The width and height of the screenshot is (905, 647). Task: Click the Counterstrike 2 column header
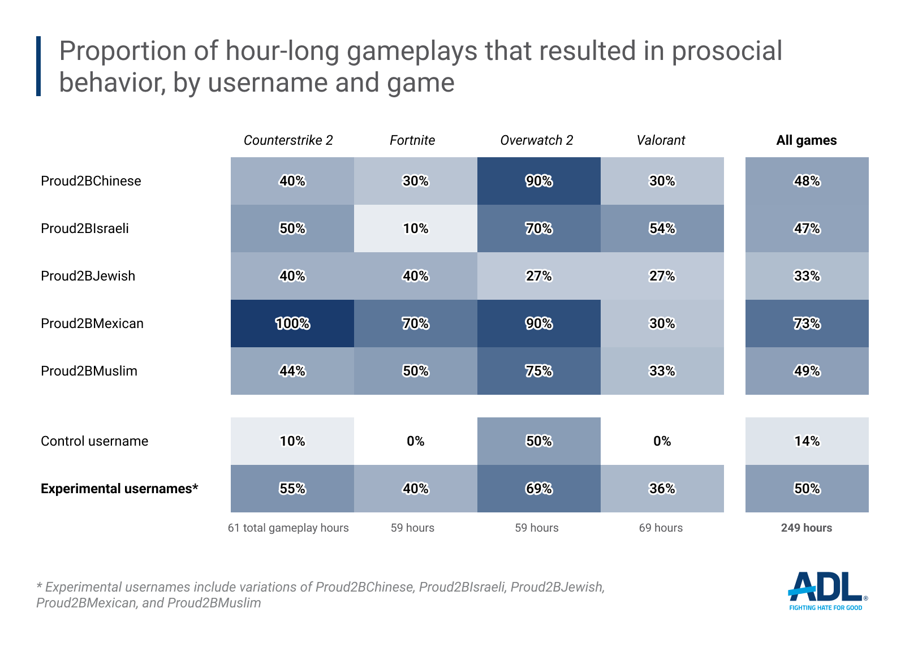pos(288,140)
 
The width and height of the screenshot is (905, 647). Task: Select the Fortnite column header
pos(412,140)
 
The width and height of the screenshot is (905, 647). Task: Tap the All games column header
pos(806,140)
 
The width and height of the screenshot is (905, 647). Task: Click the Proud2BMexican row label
pos(92,323)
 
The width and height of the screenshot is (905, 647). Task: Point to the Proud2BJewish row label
pos(88,276)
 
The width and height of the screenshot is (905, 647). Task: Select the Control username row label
pos(94,441)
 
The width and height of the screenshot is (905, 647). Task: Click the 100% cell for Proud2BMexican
pos(292,323)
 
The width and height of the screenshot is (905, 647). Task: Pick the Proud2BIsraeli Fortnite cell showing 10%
pos(416,228)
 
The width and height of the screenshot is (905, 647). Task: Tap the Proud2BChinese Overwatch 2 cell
pos(539,181)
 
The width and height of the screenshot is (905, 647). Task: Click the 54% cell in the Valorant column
pos(662,228)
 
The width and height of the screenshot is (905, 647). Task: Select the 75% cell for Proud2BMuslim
pos(539,371)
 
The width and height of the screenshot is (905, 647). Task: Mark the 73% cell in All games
pos(807,323)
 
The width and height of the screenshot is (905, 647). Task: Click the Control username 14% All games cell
pos(807,441)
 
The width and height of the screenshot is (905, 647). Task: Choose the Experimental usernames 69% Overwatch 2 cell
pos(539,489)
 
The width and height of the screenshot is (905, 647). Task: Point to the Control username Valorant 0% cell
pos(662,441)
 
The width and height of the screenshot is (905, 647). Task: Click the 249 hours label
pos(806,528)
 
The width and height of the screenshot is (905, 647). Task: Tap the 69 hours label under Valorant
pos(661,528)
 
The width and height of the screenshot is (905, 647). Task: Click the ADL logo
pos(826,590)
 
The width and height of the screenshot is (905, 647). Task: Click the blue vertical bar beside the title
pos(38,66)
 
